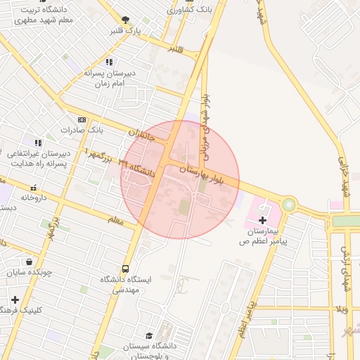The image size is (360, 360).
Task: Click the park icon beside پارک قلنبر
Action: click(x=125, y=20)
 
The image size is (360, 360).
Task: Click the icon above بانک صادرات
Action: click(x=82, y=120)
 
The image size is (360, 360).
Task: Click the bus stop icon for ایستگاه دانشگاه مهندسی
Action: click(x=125, y=269)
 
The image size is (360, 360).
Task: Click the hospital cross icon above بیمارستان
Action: click(x=263, y=221)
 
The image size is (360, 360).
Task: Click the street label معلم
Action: click(x=115, y=221)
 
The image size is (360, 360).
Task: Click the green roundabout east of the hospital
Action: click(x=289, y=205)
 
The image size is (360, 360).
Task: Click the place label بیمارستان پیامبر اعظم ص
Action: click(x=264, y=236)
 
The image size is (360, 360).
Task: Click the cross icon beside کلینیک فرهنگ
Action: click(x=15, y=300)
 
